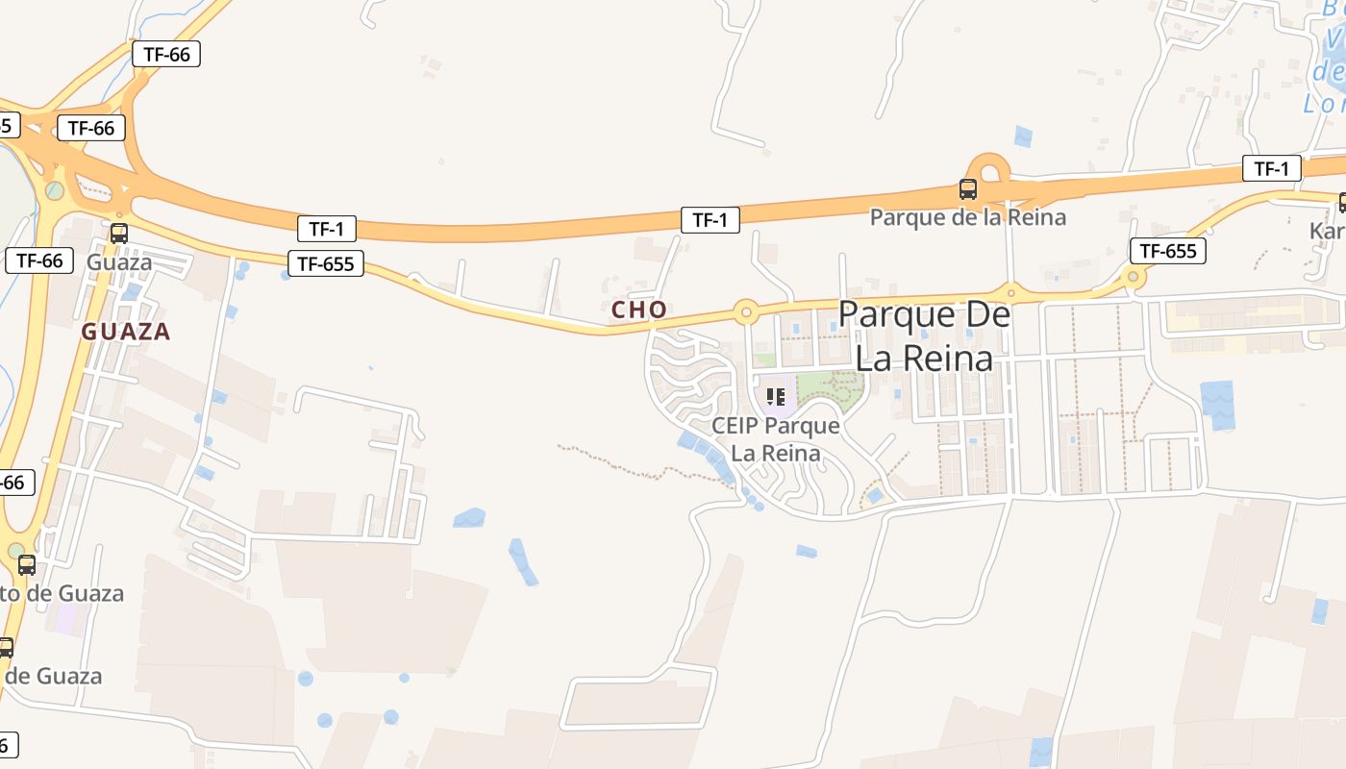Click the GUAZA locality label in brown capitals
click(126, 332)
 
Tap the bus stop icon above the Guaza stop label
click(119, 233)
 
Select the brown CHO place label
click(639, 310)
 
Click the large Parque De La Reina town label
click(924, 335)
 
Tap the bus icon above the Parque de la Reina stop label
click(968, 189)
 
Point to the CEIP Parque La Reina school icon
click(776, 396)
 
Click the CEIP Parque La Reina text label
click(776, 438)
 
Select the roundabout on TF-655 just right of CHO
click(745, 311)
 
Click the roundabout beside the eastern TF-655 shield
click(1134, 277)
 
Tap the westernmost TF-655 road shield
click(326, 263)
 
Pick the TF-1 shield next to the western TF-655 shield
click(327, 229)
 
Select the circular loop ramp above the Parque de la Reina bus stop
click(988, 170)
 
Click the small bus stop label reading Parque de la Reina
click(968, 217)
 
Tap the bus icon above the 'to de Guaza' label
click(27, 564)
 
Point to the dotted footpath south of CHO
click(635, 462)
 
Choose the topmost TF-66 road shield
click(166, 54)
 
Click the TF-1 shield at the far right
click(1271, 169)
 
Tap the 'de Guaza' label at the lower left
click(55, 676)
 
